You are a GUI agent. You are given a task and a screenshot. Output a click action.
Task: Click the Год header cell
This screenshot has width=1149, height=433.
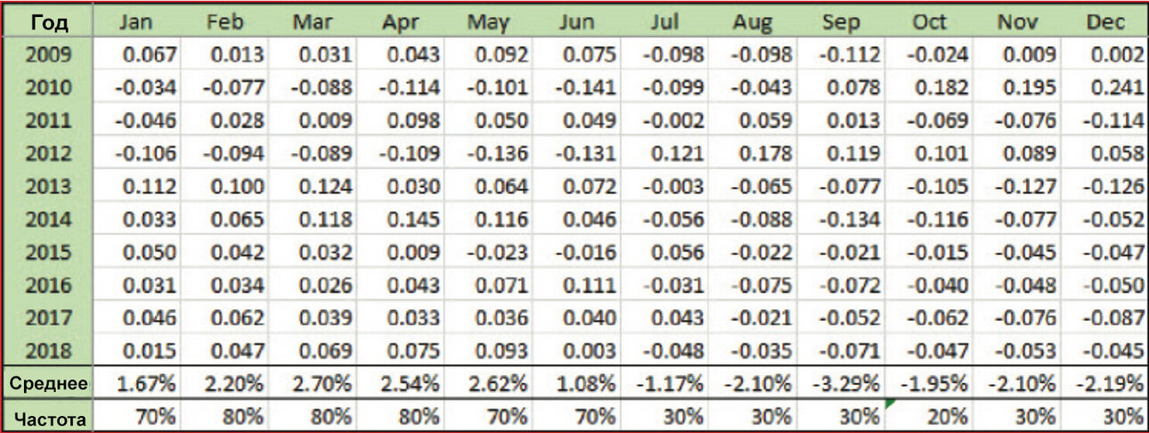coord(49,22)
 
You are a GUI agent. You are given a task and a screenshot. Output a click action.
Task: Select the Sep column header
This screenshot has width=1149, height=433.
coord(841,22)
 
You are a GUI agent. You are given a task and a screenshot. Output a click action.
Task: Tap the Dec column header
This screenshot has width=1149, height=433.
coord(1105,22)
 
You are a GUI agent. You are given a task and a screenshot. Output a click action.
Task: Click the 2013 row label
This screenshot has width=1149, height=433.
coord(49,186)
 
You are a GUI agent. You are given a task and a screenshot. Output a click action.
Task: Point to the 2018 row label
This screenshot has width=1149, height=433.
coord(49,351)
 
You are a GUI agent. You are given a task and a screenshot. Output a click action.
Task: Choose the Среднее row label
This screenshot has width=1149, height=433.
coord(48,384)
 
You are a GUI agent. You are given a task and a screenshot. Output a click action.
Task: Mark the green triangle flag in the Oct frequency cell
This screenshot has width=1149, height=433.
coord(889,404)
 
